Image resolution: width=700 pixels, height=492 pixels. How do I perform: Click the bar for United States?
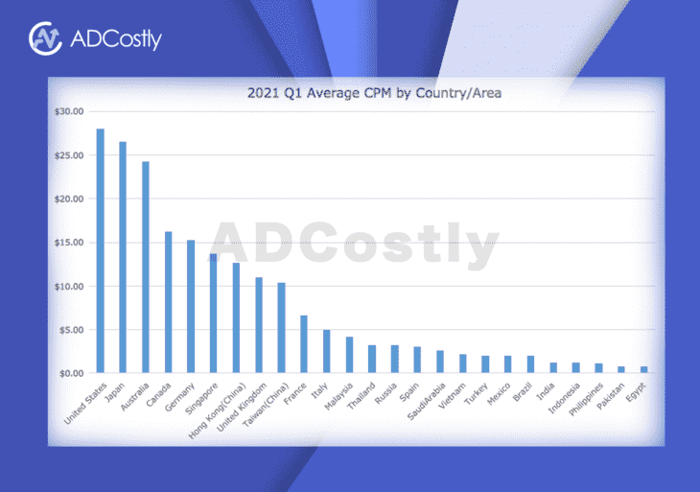pyautogui.click(x=100, y=250)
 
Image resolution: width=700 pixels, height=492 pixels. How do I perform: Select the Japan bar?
pyautogui.click(x=123, y=257)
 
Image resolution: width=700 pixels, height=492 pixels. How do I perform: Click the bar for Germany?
pyautogui.click(x=191, y=306)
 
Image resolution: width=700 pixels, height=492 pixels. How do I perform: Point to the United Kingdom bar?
pyautogui.click(x=259, y=325)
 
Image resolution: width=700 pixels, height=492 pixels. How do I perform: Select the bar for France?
pyautogui.click(x=304, y=343)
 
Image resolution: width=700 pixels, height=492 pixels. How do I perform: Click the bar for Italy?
pyautogui.click(x=326, y=351)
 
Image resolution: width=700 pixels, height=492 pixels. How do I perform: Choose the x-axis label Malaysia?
pyautogui.click(x=338, y=396)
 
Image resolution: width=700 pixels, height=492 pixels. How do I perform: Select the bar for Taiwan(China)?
pyautogui.click(x=281, y=328)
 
